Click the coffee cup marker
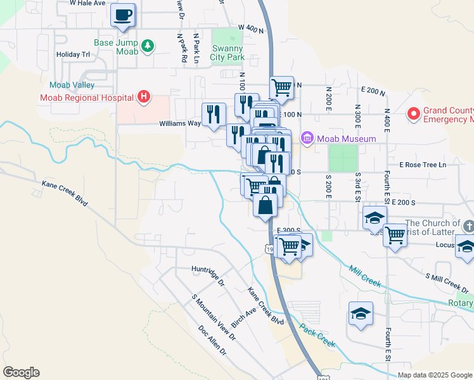tap(123, 15)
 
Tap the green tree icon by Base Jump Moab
tap(147, 45)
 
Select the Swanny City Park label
tap(227, 53)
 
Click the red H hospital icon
tap(144, 97)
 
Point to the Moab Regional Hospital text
tap(86, 98)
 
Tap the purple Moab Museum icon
tap(308, 137)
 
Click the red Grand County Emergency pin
tap(414, 114)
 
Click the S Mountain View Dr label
tap(213, 319)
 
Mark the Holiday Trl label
tap(74, 54)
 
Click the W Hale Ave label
tap(87, 3)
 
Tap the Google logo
tap(21, 372)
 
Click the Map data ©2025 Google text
tap(434, 375)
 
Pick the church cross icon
tap(468, 227)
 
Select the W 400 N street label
tap(251, 28)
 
